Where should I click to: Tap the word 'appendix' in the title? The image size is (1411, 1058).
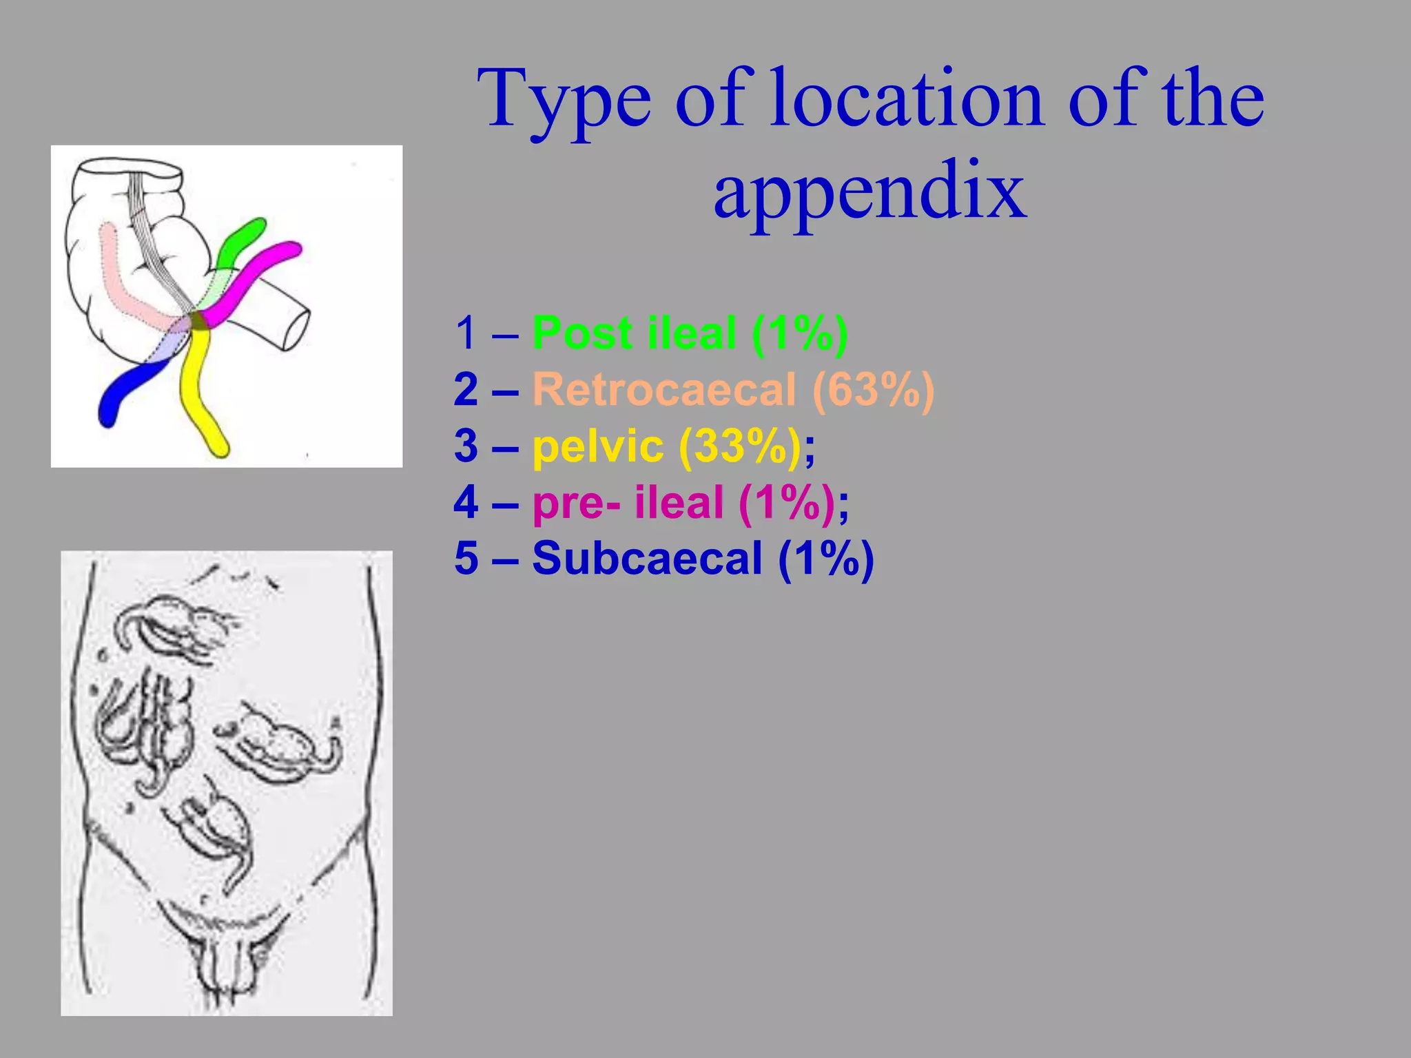point(869,189)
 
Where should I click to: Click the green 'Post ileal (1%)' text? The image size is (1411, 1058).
point(690,333)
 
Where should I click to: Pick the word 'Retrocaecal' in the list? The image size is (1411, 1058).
point(664,390)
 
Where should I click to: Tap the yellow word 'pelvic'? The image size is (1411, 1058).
point(597,446)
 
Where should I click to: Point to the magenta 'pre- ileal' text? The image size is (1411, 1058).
point(628,502)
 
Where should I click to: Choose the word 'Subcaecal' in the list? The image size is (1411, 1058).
point(647,558)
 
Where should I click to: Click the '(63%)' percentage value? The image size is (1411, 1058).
point(873,390)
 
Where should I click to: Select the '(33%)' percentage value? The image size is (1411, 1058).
point(740,446)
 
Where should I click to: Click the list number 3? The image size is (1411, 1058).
point(466,446)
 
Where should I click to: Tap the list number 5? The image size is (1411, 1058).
point(466,558)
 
